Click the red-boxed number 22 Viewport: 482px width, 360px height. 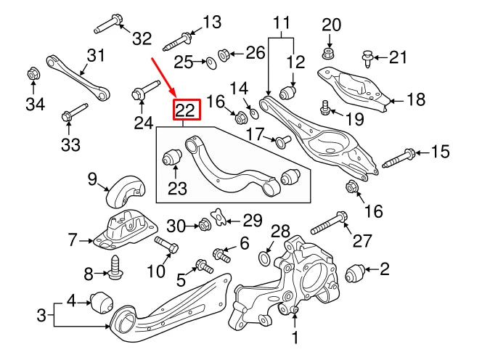184,111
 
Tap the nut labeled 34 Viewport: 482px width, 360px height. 33,73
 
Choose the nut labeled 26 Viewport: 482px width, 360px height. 224,54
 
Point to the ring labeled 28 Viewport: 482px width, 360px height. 266,258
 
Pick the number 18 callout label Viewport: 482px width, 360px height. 415,99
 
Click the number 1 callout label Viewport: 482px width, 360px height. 295,337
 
